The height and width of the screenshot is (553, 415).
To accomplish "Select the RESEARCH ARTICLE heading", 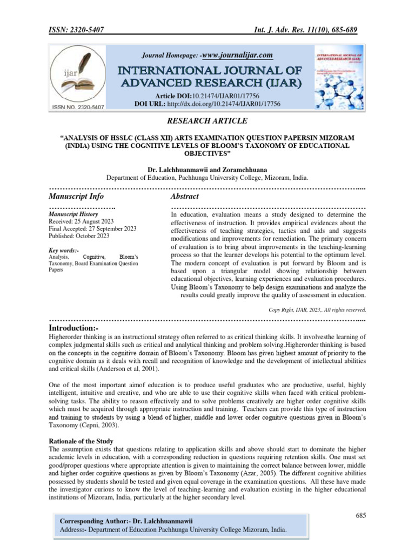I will [207, 120].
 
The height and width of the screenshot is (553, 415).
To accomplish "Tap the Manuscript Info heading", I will [77, 196].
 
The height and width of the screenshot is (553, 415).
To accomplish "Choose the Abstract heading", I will [185, 196].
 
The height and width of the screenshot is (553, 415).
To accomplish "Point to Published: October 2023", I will [79, 236].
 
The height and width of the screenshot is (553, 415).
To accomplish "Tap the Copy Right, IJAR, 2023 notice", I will [317, 309].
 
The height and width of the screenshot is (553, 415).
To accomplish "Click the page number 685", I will [361, 516].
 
